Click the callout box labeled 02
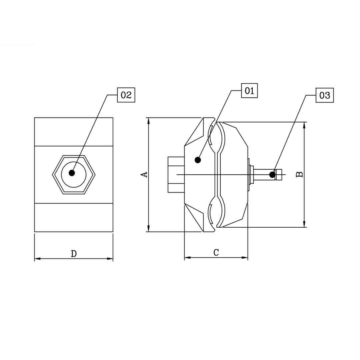[126, 95]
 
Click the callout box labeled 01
[250, 91]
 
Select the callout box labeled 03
[324, 96]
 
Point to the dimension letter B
[300, 174]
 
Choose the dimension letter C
[216, 253]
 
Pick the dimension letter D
[74, 254]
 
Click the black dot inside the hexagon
[72, 173]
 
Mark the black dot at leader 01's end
[198, 160]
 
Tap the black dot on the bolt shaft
[272, 174]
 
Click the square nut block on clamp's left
[175, 174]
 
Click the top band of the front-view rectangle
[74, 132]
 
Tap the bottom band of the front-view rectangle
[74, 217]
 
